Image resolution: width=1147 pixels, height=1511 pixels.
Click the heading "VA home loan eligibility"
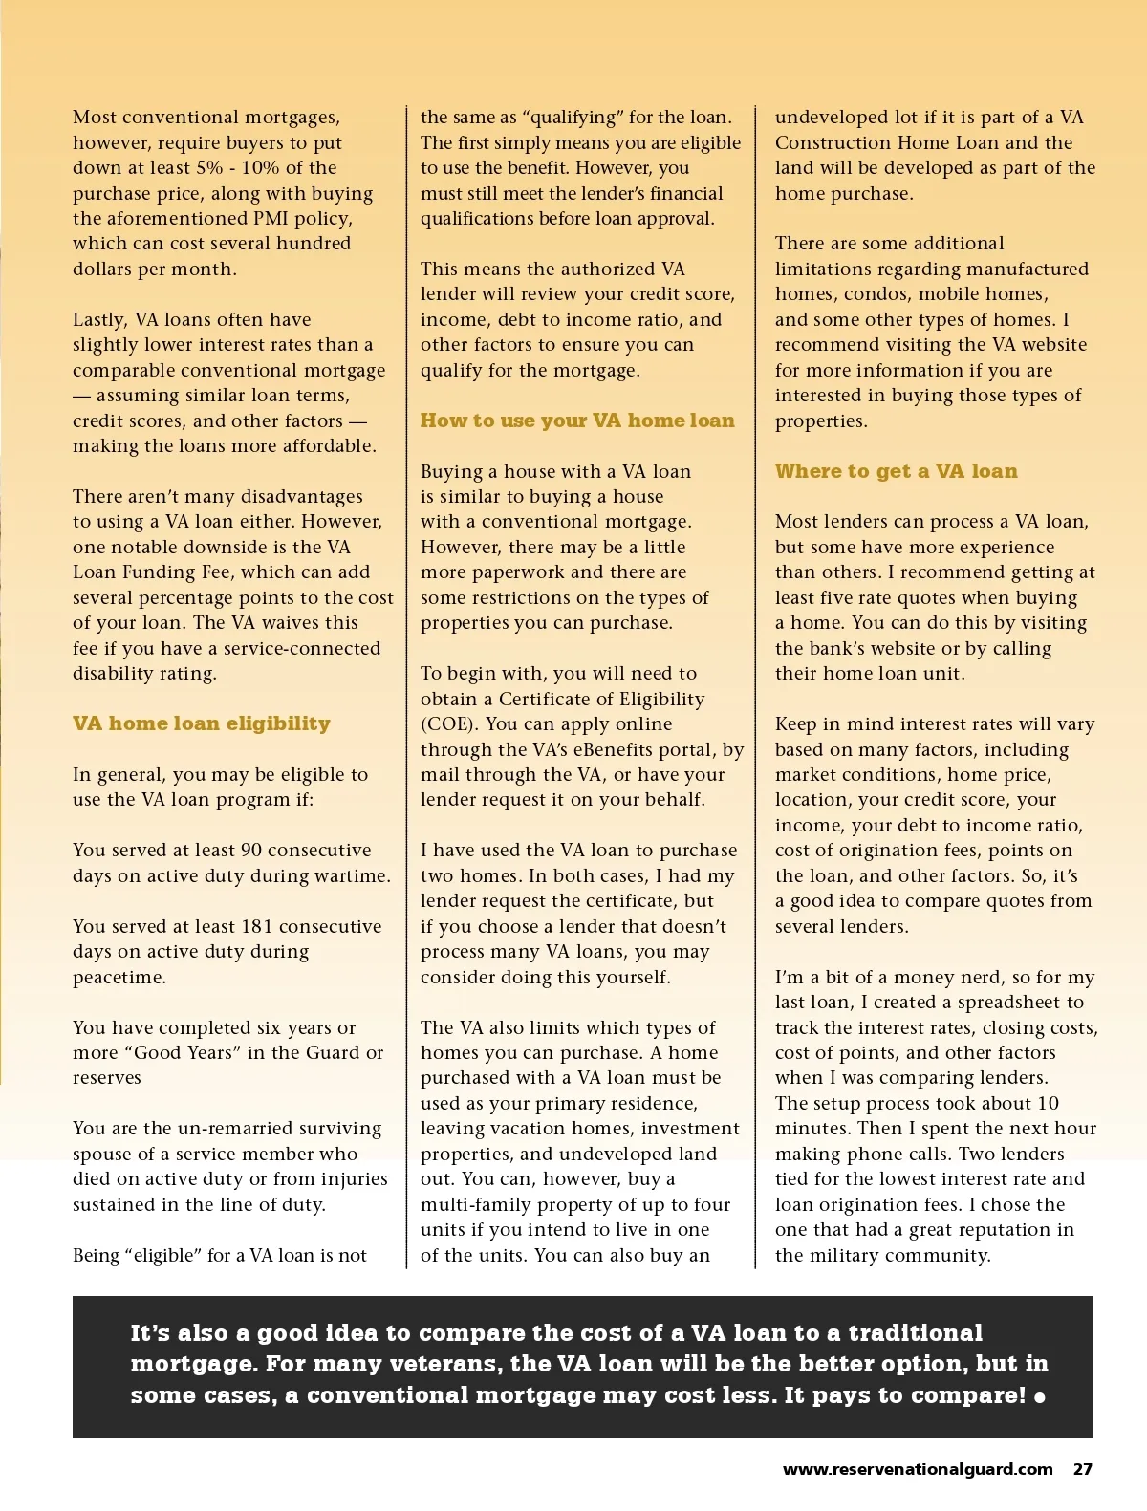point(202,723)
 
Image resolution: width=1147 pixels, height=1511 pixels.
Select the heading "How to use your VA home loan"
point(577,421)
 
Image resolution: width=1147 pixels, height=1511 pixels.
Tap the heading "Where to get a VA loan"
point(896,471)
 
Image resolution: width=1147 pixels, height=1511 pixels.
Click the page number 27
point(1082,1470)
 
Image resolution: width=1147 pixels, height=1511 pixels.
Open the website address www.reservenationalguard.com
point(918,1470)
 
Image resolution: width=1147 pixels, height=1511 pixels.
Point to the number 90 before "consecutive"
point(251,851)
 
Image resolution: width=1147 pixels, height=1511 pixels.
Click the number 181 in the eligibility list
point(259,926)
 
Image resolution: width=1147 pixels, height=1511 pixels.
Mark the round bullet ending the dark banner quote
point(1040,1397)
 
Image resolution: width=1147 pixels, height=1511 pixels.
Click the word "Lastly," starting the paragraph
point(100,319)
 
